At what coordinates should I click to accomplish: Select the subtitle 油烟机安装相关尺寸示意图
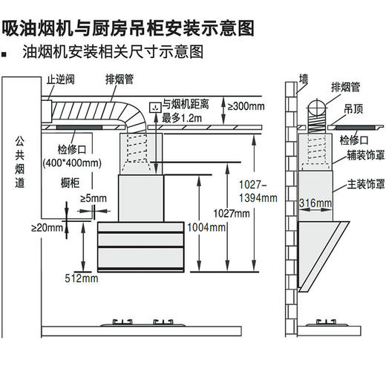tap(112, 54)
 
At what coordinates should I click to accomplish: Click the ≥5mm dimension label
tap(93, 198)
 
